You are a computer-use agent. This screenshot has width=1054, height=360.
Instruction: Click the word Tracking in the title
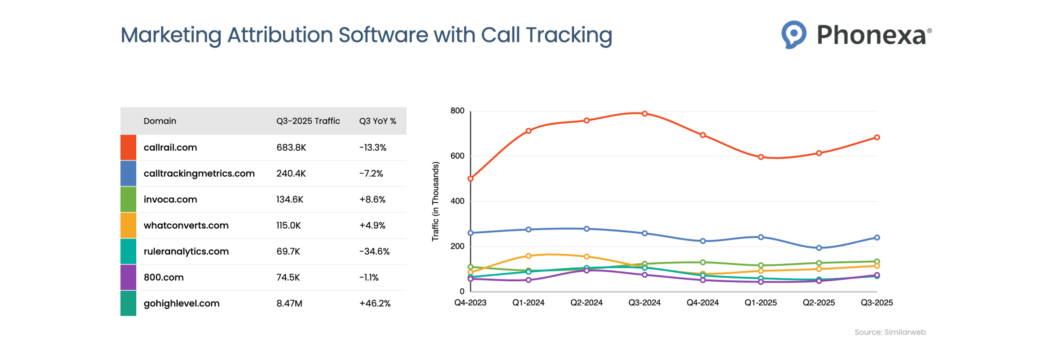click(569, 35)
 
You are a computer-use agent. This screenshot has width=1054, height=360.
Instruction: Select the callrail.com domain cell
click(170, 147)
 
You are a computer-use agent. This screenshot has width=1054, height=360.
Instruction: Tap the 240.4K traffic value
click(291, 173)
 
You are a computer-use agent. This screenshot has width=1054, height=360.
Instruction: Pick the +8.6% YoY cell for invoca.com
click(372, 199)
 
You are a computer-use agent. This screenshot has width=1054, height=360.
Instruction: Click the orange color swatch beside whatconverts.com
click(128, 225)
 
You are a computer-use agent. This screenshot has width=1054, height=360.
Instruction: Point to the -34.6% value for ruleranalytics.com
click(374, 251)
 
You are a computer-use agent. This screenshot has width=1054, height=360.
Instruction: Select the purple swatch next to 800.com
click(128, 277)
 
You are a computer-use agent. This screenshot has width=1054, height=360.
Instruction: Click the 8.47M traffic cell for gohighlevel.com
click(289, 303)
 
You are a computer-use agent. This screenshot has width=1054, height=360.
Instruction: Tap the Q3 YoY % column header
click(377, 121)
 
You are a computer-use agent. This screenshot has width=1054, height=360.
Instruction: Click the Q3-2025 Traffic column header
click(308, 121)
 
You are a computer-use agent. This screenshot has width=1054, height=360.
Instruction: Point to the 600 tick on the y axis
click(457, 156)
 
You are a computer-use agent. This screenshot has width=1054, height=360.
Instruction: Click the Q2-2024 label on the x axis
click(586, 303)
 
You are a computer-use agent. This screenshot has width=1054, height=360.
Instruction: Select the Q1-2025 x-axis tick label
click(760, 303)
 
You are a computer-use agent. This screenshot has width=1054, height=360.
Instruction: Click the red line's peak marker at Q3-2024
click(644, 114)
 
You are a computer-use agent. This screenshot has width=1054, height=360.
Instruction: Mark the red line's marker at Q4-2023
click(470, 179)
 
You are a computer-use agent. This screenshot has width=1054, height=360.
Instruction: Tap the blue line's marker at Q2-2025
click(818, 248)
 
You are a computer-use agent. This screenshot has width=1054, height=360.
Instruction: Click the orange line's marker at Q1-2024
click(528, 256)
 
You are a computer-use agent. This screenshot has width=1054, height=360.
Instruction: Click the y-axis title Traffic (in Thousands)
click(435, 201)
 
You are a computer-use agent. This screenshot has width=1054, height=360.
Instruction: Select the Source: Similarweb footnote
click(889, 332)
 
